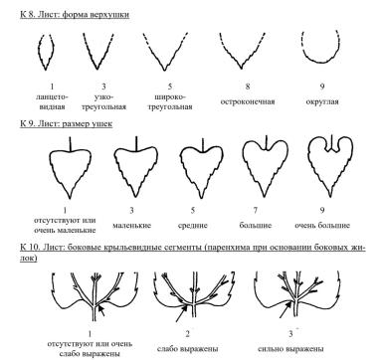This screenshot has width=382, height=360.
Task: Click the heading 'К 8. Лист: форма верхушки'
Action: click(75, 15)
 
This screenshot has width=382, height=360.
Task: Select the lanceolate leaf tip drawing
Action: click(46, 52)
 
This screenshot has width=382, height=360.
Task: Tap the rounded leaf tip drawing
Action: click(321, 47)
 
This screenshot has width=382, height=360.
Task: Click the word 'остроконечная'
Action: click(248, 101)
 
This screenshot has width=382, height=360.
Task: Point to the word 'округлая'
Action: click(322, 101)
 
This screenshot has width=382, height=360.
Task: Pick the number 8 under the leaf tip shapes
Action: click(248, 87)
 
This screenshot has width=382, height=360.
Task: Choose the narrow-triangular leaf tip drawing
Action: click(98, 52)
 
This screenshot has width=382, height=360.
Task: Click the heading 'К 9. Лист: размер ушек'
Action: click(67, 124)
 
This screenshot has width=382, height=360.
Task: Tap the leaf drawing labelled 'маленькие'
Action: click(136, 167)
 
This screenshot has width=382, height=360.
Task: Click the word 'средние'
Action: click(193, 226)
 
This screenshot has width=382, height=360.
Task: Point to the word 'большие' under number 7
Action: click(256, 226)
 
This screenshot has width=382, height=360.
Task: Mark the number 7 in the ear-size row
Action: click(256, 210)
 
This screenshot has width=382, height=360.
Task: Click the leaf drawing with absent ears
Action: click(70, 167)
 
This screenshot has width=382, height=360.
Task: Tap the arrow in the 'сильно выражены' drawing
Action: click(286, 308)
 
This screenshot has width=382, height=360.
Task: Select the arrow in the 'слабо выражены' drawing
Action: click(181, 313)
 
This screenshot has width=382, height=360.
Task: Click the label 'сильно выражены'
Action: click(290, 349)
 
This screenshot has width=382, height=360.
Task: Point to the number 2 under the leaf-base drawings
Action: click(187, 334)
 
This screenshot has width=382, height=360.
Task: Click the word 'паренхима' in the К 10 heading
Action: click(227, 248)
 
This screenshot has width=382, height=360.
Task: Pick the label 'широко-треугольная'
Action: click(170, 102)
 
